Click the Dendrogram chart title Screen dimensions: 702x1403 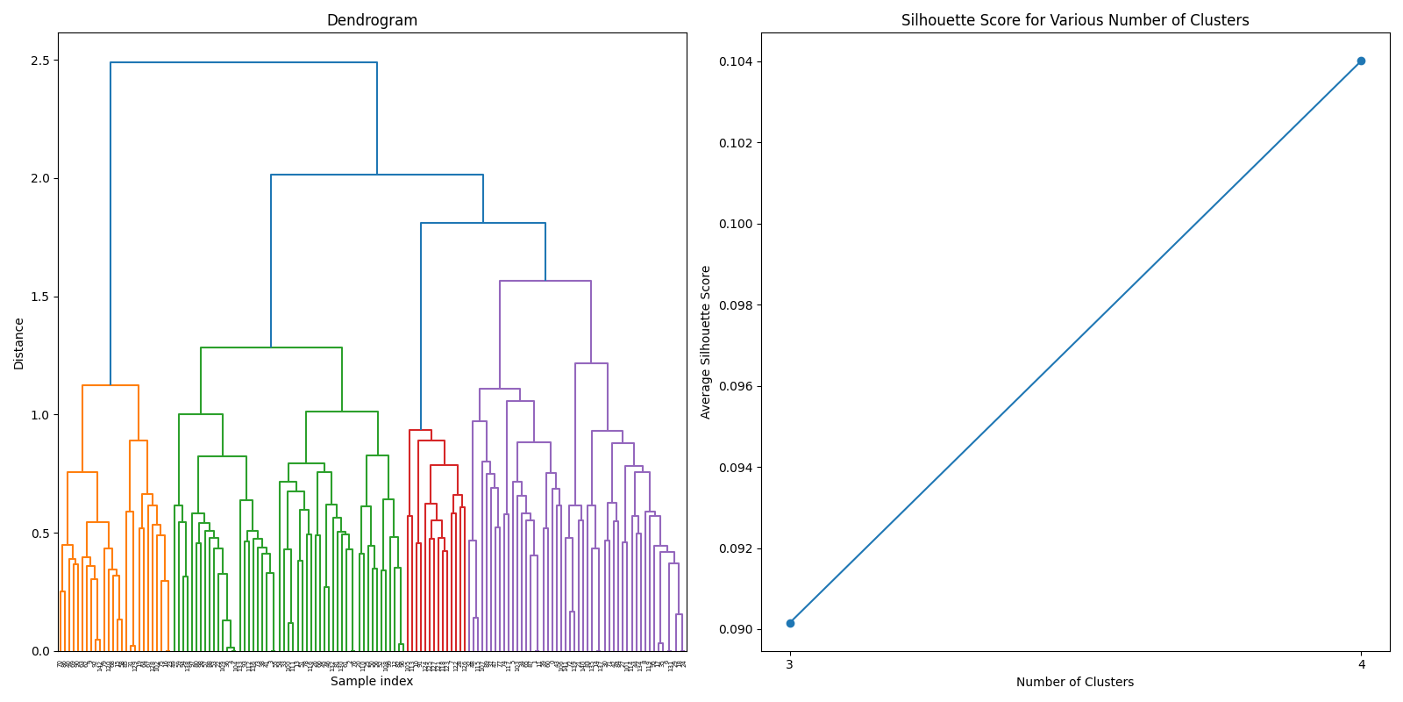(372, 20)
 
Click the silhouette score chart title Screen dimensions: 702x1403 (1075, 20)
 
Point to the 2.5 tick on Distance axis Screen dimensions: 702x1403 (39, 61)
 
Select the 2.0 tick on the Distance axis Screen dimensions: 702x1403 (39, 178)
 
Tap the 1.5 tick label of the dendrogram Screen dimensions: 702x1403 (39, 297)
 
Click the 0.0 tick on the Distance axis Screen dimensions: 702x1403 (39, 651)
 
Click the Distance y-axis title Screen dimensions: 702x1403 (19, 343)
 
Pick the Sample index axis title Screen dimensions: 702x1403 (372, 682)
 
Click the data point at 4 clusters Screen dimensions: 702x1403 (1361, 61)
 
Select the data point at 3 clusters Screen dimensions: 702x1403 (790, 623)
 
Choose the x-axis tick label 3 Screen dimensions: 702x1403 (790, 665)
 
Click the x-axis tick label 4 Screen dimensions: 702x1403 (1361, 665)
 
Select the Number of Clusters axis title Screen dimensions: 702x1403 (1075, 682)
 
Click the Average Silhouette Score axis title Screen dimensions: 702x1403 (706, 342)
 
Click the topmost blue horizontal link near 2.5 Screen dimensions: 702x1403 (244, 62)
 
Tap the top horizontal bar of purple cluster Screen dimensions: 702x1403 (545, 281)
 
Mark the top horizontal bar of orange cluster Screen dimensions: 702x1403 (110, 385)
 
